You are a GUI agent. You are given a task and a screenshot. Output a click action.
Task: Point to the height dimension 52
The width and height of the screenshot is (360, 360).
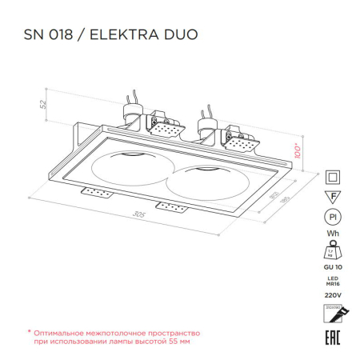point(45,103)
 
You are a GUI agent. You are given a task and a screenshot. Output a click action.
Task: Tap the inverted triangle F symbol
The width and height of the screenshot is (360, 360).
point(332,196)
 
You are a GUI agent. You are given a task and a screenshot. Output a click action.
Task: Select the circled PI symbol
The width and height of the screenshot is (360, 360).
point(332,217)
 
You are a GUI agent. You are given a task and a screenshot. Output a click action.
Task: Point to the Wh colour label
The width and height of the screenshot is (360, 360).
point(332,234)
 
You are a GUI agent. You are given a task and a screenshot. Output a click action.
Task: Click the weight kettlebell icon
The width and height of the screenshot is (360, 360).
point(332,250)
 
